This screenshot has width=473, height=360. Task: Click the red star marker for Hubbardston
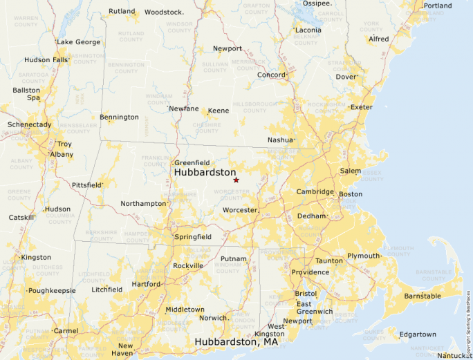(x=236, y=180)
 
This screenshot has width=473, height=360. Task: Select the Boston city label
(x=350, y=194)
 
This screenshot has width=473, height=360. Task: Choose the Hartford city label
(x=146, y=284)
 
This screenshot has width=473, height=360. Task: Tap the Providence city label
(x=309, y=272)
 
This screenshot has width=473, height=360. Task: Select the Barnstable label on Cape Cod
(x=422, y=296)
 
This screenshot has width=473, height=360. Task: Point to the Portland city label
(x=437, y=6)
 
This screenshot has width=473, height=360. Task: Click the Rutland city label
(x=122, y=11)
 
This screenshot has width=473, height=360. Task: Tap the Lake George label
(x=78, y=42)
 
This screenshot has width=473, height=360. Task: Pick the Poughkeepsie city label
(x=52, y=291)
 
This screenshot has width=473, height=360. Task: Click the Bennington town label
(x=119, y=117)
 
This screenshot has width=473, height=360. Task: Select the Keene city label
(x=219, y=111)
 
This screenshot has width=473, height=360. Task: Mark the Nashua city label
(x=281, y=140)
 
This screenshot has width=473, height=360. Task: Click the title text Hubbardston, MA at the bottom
(x=236, y=341)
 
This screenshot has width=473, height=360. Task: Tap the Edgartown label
(x=417, y=335)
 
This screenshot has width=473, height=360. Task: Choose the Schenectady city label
(x=29, y=124)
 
